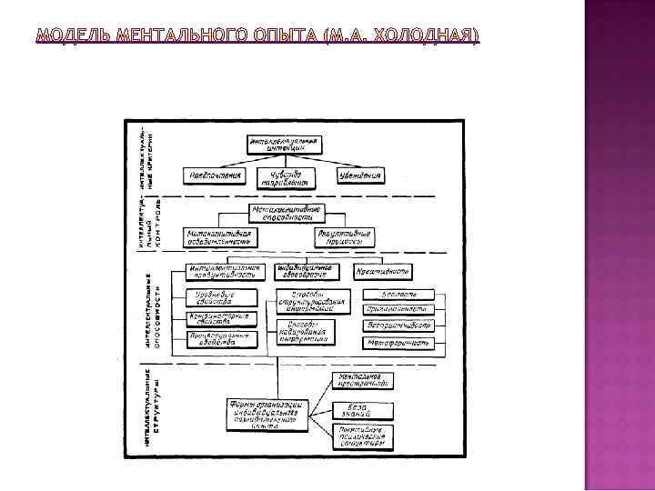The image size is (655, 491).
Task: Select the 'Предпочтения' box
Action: coord(217,175)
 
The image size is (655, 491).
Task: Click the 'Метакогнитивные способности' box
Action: coord(287,215)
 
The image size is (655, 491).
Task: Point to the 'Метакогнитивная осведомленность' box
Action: coord(218,237)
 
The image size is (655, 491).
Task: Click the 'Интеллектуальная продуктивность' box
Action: coord(227,272)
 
